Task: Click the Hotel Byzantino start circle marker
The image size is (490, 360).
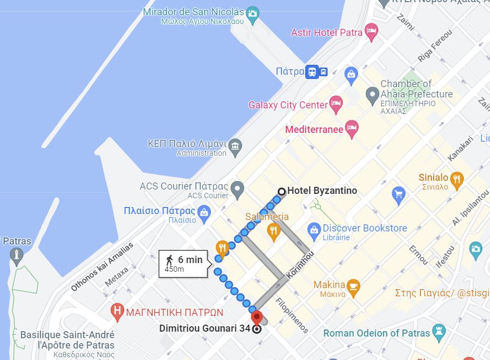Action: pos(282,191)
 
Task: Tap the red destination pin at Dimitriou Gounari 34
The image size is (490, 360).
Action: pos(256,318)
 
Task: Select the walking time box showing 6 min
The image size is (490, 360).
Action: pos(184,264)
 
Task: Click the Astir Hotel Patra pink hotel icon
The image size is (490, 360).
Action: pos(371,32)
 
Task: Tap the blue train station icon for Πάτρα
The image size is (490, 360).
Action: pos(312,71)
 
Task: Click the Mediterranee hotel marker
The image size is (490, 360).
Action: pos(352,129)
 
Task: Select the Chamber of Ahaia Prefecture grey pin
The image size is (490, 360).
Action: pos(372,95)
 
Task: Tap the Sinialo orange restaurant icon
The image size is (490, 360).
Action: pos(457,179)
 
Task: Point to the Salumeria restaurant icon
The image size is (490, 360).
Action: pos(274,231)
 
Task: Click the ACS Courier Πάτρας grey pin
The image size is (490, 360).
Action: pos(237,190)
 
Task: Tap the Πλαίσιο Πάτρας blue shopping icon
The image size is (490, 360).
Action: pos(204,213)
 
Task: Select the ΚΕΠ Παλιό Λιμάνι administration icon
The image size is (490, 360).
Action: pos(235,147)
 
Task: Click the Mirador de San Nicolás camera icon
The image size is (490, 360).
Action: pos(252,14)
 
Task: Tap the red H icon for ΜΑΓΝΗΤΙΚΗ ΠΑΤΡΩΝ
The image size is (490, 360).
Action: pos(117,312)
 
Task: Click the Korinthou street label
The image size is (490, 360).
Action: pos(300,266)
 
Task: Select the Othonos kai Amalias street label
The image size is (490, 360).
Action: pos(102,267)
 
